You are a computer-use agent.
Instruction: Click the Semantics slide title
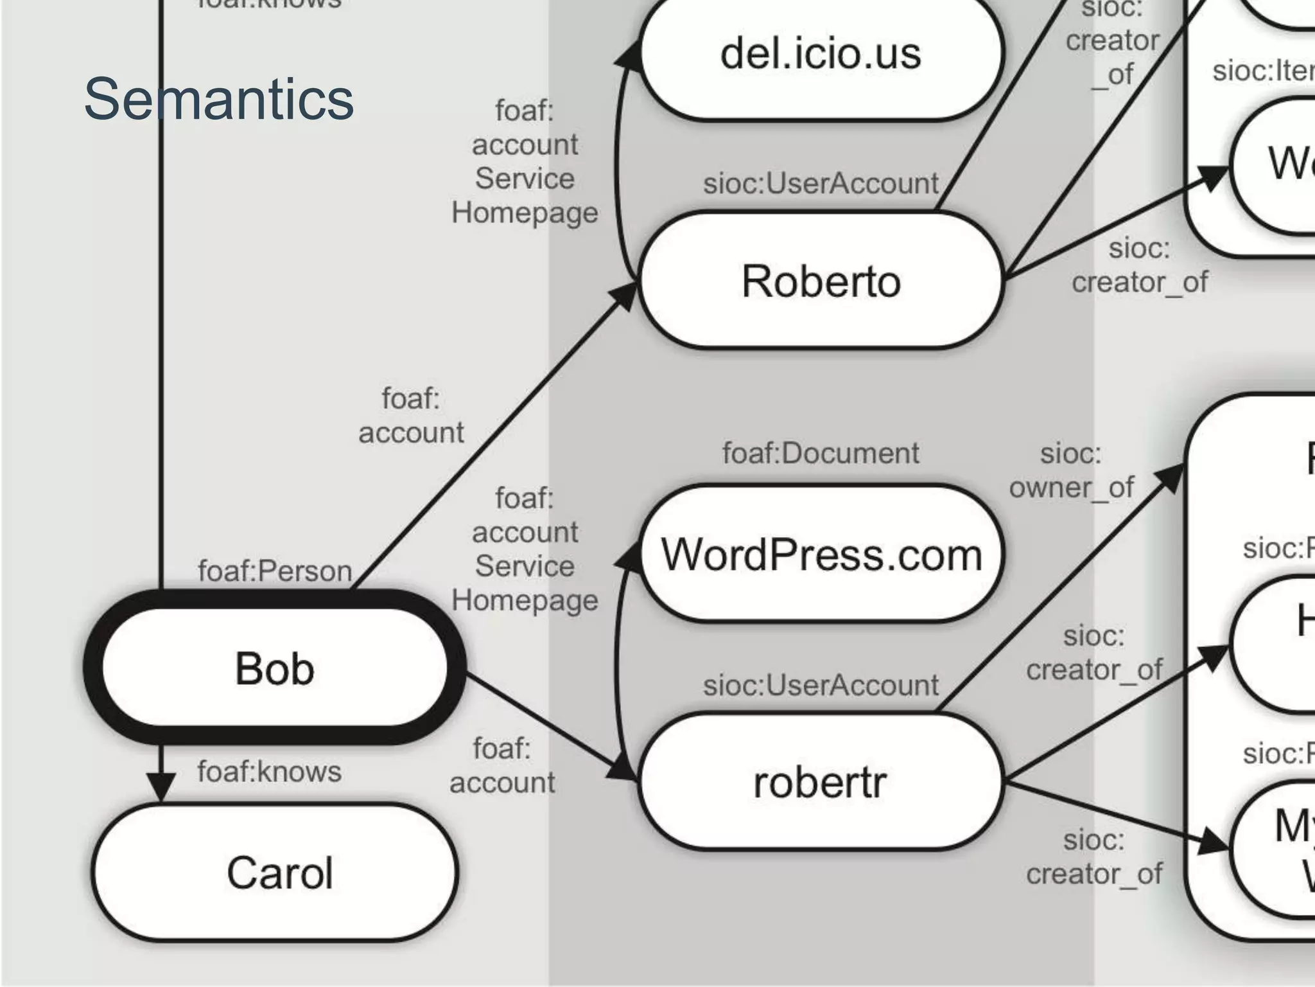[x=218, y=99]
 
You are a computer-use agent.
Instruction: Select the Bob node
[x=275, y=668]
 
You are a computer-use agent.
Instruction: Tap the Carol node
[x=279, y=873]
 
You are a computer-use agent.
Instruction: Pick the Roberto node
[x=820, y=281]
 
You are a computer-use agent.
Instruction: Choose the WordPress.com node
[x=821, y=554]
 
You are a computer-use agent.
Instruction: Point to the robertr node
[x=820, y=782]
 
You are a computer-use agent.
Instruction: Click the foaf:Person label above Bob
[x=275, y=571]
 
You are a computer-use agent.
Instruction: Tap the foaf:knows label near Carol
[x=269, y=771]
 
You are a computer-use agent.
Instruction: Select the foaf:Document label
[x=820, y=453]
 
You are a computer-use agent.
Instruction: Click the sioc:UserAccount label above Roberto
[x=820, y=184]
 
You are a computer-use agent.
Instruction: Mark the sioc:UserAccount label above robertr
[x=820, y=685]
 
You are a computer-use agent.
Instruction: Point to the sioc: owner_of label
[x=1071, y=470]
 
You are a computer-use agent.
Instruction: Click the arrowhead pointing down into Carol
[x=161, y=787]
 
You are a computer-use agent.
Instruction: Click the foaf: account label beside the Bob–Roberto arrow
[x=411, y=416]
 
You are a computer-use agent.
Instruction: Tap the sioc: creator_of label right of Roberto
[x=1139, y=265]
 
